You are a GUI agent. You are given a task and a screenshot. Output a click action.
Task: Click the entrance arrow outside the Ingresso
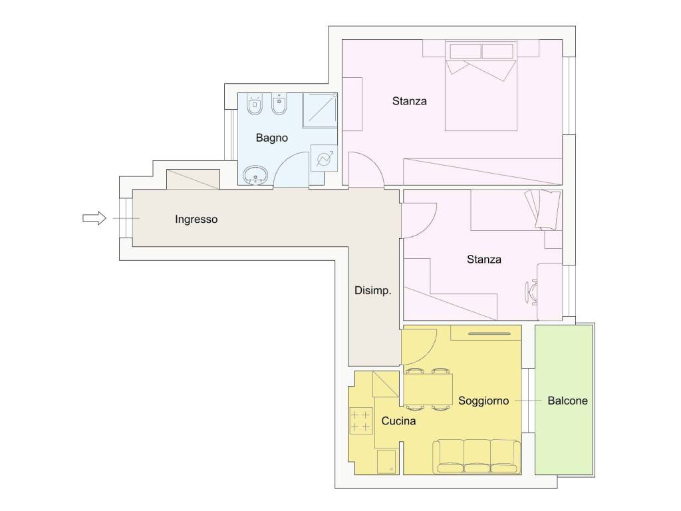(94, 218)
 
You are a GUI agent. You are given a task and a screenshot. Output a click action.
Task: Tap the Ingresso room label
(196, 220)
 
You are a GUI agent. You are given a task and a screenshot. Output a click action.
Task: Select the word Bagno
(272, 138)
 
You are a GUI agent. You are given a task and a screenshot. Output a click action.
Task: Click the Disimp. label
(372, 291)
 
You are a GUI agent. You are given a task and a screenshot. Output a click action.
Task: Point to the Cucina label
(398, 421)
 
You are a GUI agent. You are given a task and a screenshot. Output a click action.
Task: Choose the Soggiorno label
(483, 401)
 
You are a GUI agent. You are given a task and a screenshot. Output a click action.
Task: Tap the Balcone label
(568, 401)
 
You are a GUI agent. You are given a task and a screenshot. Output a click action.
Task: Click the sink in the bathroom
(256, 175)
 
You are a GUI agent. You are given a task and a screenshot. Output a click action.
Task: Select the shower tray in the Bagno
(320, 110)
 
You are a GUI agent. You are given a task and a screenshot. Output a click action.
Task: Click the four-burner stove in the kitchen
(361, 421)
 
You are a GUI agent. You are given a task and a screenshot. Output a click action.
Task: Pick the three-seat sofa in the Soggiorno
(476, 456)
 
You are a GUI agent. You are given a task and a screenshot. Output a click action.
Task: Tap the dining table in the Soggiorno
(429, 389)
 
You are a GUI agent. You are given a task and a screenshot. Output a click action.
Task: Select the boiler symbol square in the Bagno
(324, 158)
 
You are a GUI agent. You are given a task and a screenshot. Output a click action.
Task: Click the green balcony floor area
(564, 400)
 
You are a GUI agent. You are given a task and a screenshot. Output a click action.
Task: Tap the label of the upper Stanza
(409, 101)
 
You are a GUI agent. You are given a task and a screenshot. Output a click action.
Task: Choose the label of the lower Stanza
(484, 259)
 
